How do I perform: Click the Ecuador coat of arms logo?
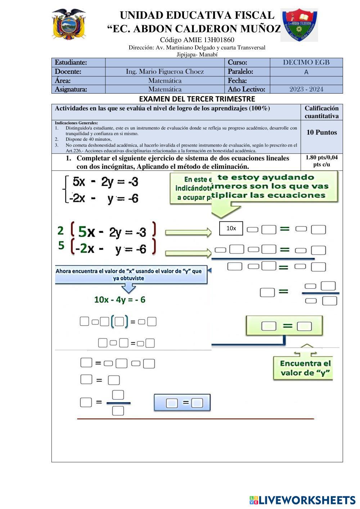coord(68,24)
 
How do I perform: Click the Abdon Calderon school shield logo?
coord(299,25)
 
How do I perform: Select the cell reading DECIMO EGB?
coord(306,62)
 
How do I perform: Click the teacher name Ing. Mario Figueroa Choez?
coord(165,72)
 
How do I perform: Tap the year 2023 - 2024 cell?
coord(306,89)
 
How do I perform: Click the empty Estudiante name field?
coord(165,62)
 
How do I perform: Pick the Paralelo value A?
coord(306,72)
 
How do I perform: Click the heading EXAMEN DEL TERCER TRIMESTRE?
coord(197,99)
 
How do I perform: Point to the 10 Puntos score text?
coord(321,132)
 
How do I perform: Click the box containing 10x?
coord(231,228)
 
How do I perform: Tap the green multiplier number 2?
coord(60,230)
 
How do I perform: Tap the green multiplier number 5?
coord(61,246)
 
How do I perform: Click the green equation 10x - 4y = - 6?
coord(120,299)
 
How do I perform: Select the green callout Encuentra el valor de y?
coord(305,368)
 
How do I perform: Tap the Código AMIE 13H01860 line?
coord(197,40)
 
